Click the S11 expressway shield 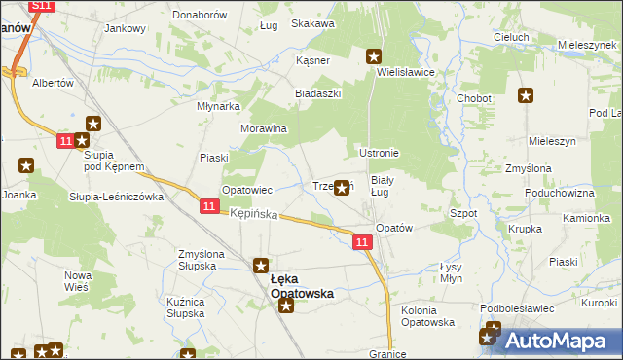click(39, 6)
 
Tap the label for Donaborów click(200, 16)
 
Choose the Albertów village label click(54, 83)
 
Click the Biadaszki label click(316, 94)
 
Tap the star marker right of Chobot click(526, 95)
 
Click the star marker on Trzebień click(342, 189)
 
